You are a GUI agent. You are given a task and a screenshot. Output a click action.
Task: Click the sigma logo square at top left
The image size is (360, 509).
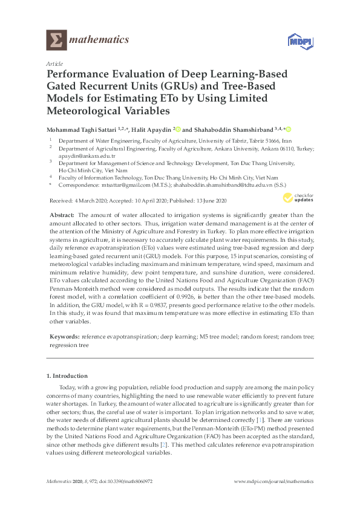click(x=56, y=41)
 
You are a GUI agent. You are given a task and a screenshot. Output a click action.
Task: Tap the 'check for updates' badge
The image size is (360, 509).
click(x=298, y=197)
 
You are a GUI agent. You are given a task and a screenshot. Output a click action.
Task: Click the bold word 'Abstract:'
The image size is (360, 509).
click(x=62, y=215)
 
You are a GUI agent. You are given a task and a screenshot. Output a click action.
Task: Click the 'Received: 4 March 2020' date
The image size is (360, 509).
click(x=75, y=198)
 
